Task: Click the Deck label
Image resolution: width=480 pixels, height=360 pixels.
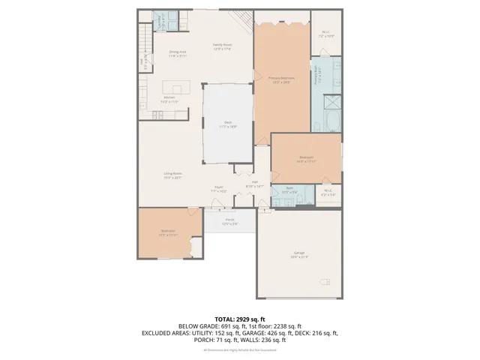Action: [x=228, y=124]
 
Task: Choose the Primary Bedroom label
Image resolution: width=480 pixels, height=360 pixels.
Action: [x=281, y=78]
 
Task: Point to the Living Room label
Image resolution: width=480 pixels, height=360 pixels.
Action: [x=173, y=175]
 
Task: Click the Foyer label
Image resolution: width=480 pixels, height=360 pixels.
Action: [x=218, y=189]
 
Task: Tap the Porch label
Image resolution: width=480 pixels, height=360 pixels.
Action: [x=229, y=221]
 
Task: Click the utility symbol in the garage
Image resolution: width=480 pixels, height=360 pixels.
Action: [x=326, y=282]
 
